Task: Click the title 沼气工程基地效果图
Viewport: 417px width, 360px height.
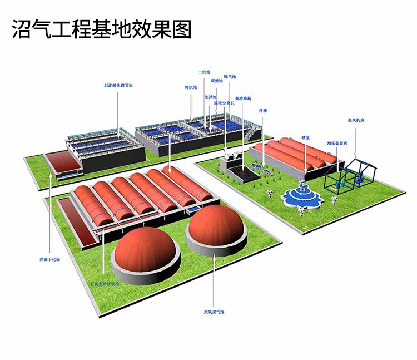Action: (102, 29)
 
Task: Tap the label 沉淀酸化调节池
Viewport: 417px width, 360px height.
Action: (118, 86)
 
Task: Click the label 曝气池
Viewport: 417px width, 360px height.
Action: (230, 77)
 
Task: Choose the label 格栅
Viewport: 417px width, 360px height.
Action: (263, 110)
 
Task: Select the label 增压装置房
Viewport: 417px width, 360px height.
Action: (337, 143)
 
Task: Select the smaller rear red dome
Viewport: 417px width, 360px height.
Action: (217, 226)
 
